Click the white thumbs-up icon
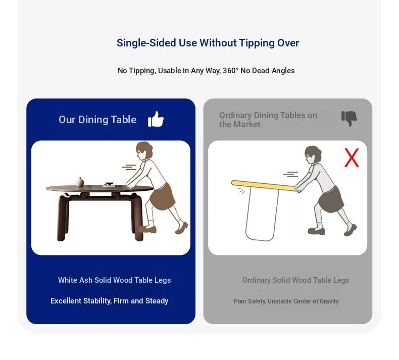tap(156, 119)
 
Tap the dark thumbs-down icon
tap(349, 119)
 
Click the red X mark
tap(352, 158)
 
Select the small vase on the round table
tap(80, 182)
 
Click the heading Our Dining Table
tap(97, 120)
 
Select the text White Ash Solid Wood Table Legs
tap(115, 280)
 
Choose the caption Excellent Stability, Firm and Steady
tap(110, 301)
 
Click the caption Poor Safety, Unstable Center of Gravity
tap(286, 301)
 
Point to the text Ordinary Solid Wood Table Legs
tap(295, 280)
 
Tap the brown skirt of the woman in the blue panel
tap(162, 196)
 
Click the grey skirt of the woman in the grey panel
tap(331, 199)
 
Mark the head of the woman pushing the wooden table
tap(144, 151)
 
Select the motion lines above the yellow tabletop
tap(290, 174)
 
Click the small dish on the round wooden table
tap(110, 184)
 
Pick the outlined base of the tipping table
tap(262, 213)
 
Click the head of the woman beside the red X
tap(313, 155)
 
